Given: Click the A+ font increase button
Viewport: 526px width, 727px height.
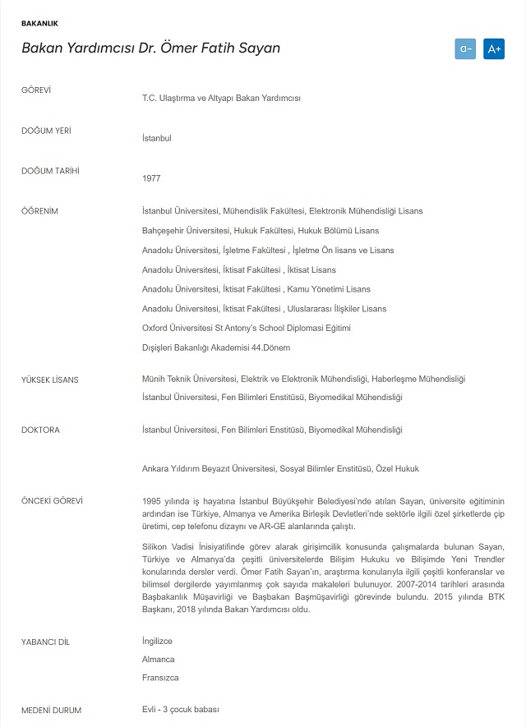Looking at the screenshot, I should pyautogui.click(x=493, y=48).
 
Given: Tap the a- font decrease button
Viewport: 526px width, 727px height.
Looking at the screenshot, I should pyautogui.click(x=465, y=48).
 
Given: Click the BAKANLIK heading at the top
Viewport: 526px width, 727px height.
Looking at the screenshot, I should pyautogui.click(x=39, y=24).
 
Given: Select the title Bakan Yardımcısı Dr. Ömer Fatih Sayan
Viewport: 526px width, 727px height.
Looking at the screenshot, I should pyautogui.click(x=150, y=48).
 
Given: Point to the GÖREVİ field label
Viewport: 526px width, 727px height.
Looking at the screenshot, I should pyautogui.click(x=36, y=90).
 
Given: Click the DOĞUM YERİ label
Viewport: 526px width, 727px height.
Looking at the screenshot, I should pyautogui.click(x=44, y=130).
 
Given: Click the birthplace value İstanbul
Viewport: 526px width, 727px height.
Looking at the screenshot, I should pyautogui.click(x=156, y=138).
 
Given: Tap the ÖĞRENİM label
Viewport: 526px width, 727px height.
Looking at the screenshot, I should pyautogui.click(x=39, y=211).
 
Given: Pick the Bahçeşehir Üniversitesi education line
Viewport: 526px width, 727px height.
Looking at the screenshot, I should pyautogui.click(x=260, y=231).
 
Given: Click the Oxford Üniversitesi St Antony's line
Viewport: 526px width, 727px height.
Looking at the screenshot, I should pyautogui.click(x=246, y=329).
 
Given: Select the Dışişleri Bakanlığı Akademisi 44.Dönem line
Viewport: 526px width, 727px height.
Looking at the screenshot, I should pyautogui.click(x=215, y=347).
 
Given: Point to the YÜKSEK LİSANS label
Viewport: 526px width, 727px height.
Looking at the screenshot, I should pyautogui.click(x=49, y=379).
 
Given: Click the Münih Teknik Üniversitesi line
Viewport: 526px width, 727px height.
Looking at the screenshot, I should pyautogui.click(x=303, y=379).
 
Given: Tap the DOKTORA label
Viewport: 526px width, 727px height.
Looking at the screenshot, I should pyautogui.click(x=40, y=430).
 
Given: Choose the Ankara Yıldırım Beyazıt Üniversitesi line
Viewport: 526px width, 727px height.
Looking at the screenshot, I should pyautogui.click(x=280, y=468).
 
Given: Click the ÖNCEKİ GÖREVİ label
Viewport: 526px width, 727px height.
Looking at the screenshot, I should pyautogui.click(x=52, y=500).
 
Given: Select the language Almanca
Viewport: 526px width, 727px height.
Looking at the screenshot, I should pyautogui.click(x=158, y=659).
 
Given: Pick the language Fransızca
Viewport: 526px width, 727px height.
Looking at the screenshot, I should pyautogui.click(x=160, y=678).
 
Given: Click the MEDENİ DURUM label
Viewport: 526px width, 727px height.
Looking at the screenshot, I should pyautogui.click(x=51, y=710).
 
